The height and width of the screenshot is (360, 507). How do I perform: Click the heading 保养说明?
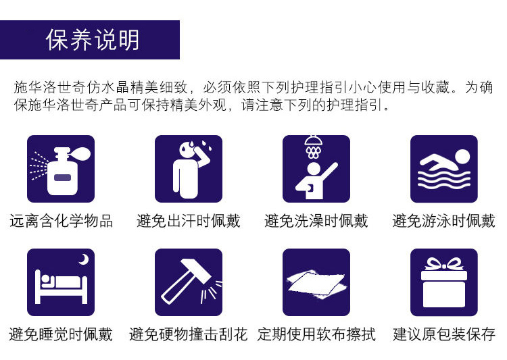[93, 40]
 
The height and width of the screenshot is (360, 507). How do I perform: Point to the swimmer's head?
[462, 157]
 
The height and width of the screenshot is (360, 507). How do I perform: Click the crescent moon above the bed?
[84, 259]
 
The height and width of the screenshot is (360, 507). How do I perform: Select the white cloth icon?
[316, 284]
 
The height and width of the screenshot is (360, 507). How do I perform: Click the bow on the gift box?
[444, 264]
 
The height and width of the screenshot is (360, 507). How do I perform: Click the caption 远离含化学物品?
[61, 221]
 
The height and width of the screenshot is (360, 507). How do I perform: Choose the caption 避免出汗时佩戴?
[189, 221]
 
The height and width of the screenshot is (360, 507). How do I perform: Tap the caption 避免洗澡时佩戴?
[316, 221]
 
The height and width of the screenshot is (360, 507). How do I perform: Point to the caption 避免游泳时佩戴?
[444, 221]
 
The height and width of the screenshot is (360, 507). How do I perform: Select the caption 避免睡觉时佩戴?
[61, 334]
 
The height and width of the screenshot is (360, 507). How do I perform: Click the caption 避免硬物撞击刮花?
[189, 334]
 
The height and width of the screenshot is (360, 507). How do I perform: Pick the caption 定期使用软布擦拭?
[316, 334]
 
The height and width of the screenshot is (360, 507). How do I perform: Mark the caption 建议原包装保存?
[444, 334]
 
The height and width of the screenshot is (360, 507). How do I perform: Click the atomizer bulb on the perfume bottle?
[82, 153]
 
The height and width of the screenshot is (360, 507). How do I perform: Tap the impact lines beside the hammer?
[211, 291]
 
